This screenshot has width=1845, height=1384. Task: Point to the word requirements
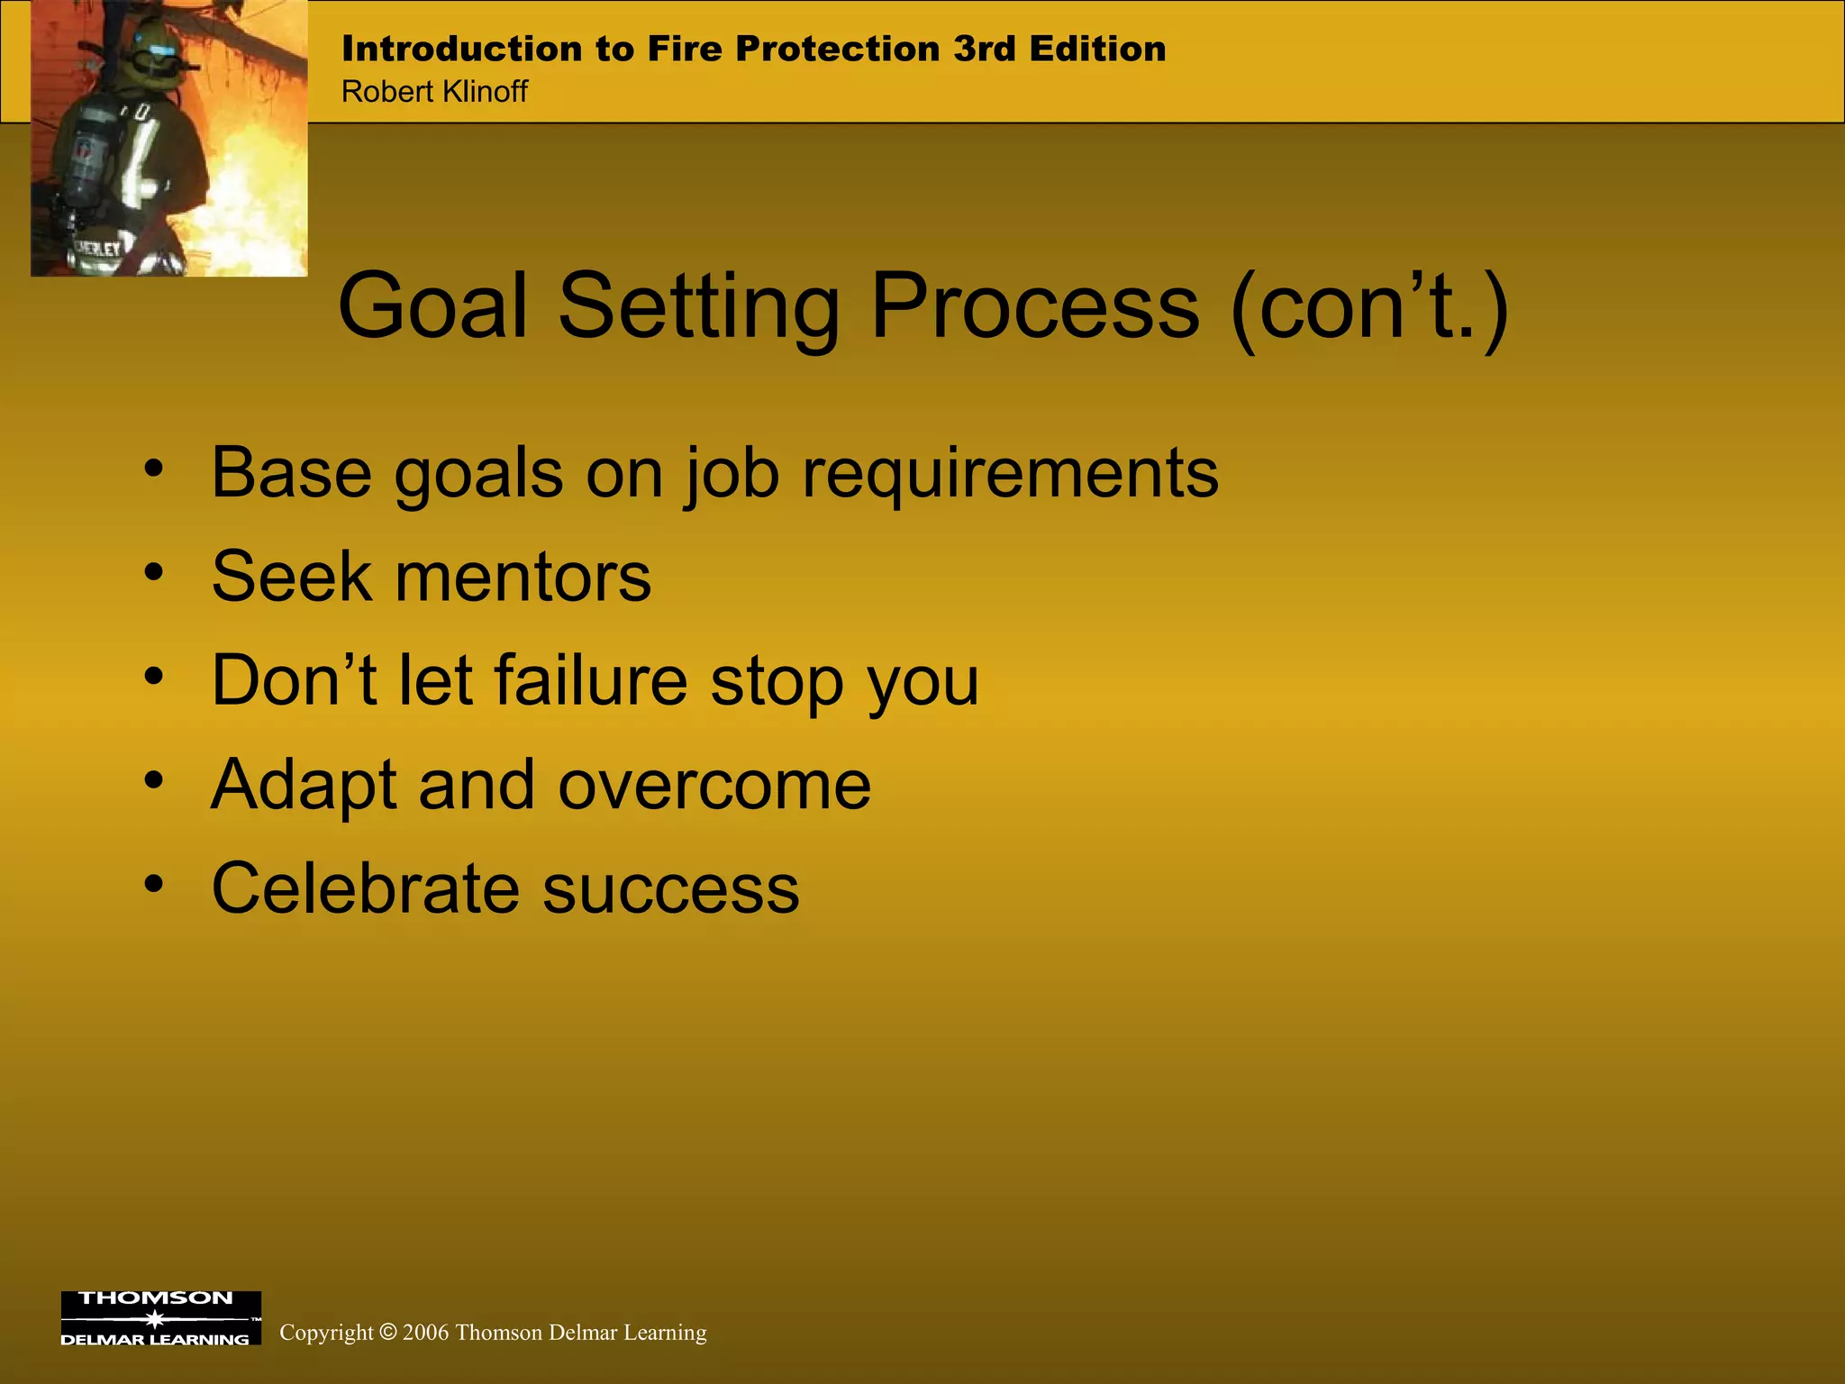point(1010,473)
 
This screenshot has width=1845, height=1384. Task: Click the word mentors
point(523,577)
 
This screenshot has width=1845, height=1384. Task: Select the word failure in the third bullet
point(591,680)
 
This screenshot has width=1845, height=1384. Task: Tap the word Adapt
point(304,785)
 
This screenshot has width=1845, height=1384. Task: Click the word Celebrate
point(365,888)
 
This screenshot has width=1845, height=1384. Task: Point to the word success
point(671,888)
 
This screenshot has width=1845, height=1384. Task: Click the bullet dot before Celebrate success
point(154,884)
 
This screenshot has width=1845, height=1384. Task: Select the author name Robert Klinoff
point(434,91)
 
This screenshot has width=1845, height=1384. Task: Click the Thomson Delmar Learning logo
point(160,1318)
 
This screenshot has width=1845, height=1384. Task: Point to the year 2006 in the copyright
point(425,1333)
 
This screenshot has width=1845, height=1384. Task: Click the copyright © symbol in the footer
point(387,1332)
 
